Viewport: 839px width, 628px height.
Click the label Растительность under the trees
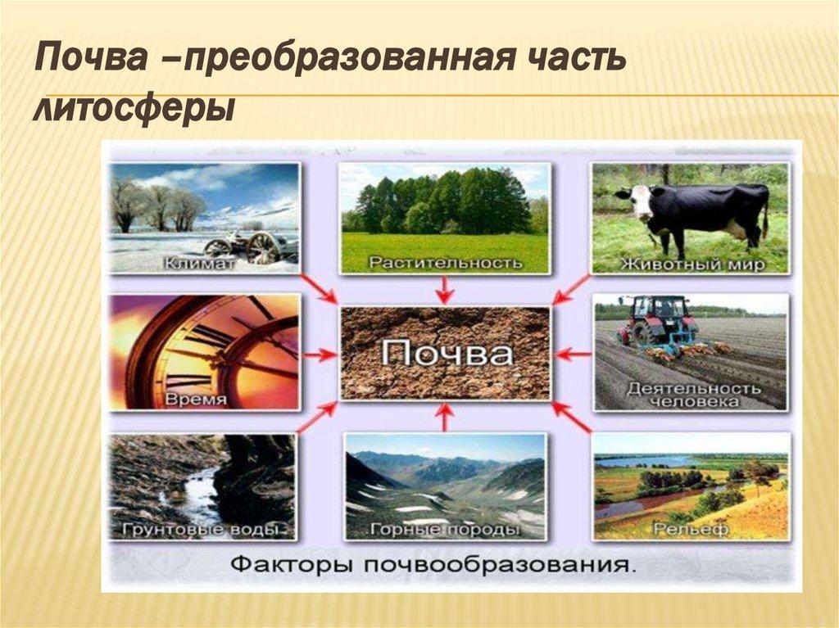click(x=445, y=263)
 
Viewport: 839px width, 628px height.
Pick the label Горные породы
click(x=446, y=530)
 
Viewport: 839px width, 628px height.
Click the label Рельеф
click(x=691, y=529)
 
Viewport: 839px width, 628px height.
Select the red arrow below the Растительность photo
click(x=444, y=289)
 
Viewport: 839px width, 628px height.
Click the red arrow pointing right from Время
click(x=322, y=355)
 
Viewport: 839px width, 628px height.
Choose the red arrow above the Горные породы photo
click(x=443, y=418)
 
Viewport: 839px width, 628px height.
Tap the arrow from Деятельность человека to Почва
click(x=574, y=355)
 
